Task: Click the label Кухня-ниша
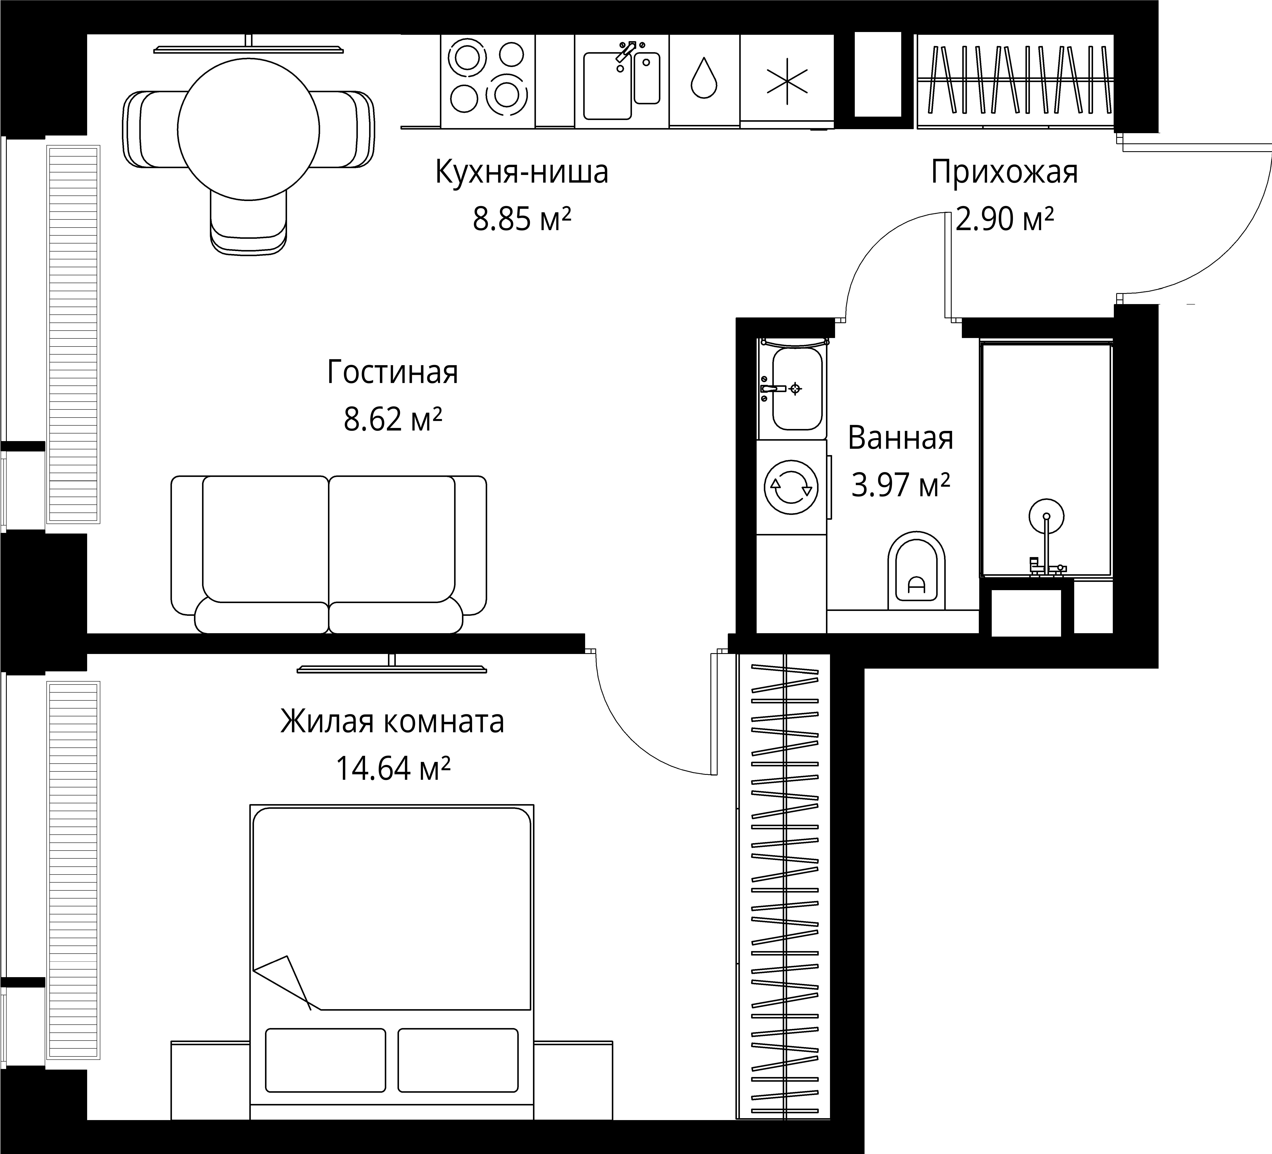coord(521,172)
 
